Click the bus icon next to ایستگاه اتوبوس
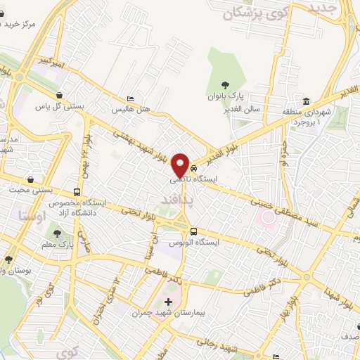(x=193, y=232)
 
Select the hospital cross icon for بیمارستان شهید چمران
(x=168, y=302)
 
